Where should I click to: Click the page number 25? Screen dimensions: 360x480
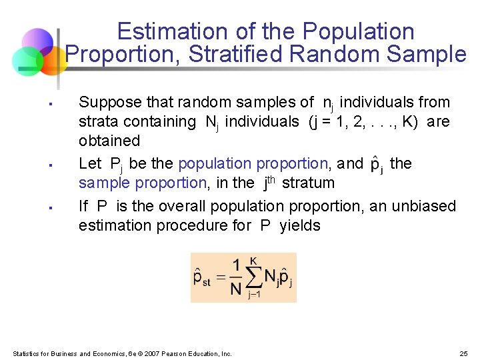(464, 353)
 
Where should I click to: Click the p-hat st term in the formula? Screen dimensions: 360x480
(202, 277)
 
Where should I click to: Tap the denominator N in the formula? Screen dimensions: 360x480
(235, 289)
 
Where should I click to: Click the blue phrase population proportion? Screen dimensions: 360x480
(253, 163)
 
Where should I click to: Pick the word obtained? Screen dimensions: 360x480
(109, 141)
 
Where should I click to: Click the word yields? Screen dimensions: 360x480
(300, 225)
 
